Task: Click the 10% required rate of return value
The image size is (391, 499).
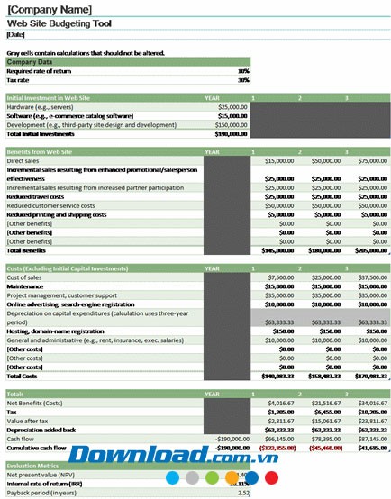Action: click(x=242, y=70)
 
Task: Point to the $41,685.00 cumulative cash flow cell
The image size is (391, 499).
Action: click(x=372, y=447)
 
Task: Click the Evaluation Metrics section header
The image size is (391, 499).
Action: click(x=33, y=465)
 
